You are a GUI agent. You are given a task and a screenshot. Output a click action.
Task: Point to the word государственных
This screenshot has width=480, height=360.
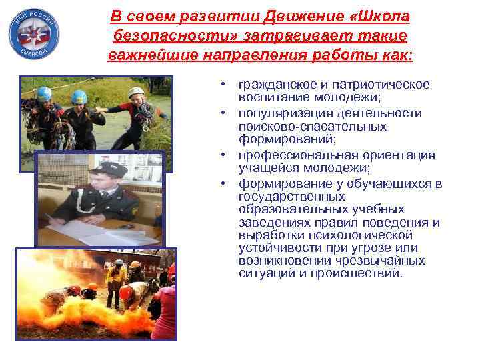click(x=292, y=197)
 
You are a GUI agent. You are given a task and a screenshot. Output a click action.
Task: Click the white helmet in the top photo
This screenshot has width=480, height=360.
click(x=137, y=92)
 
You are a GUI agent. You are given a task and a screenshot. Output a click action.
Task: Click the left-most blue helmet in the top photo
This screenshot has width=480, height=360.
click(x=44, y=94)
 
